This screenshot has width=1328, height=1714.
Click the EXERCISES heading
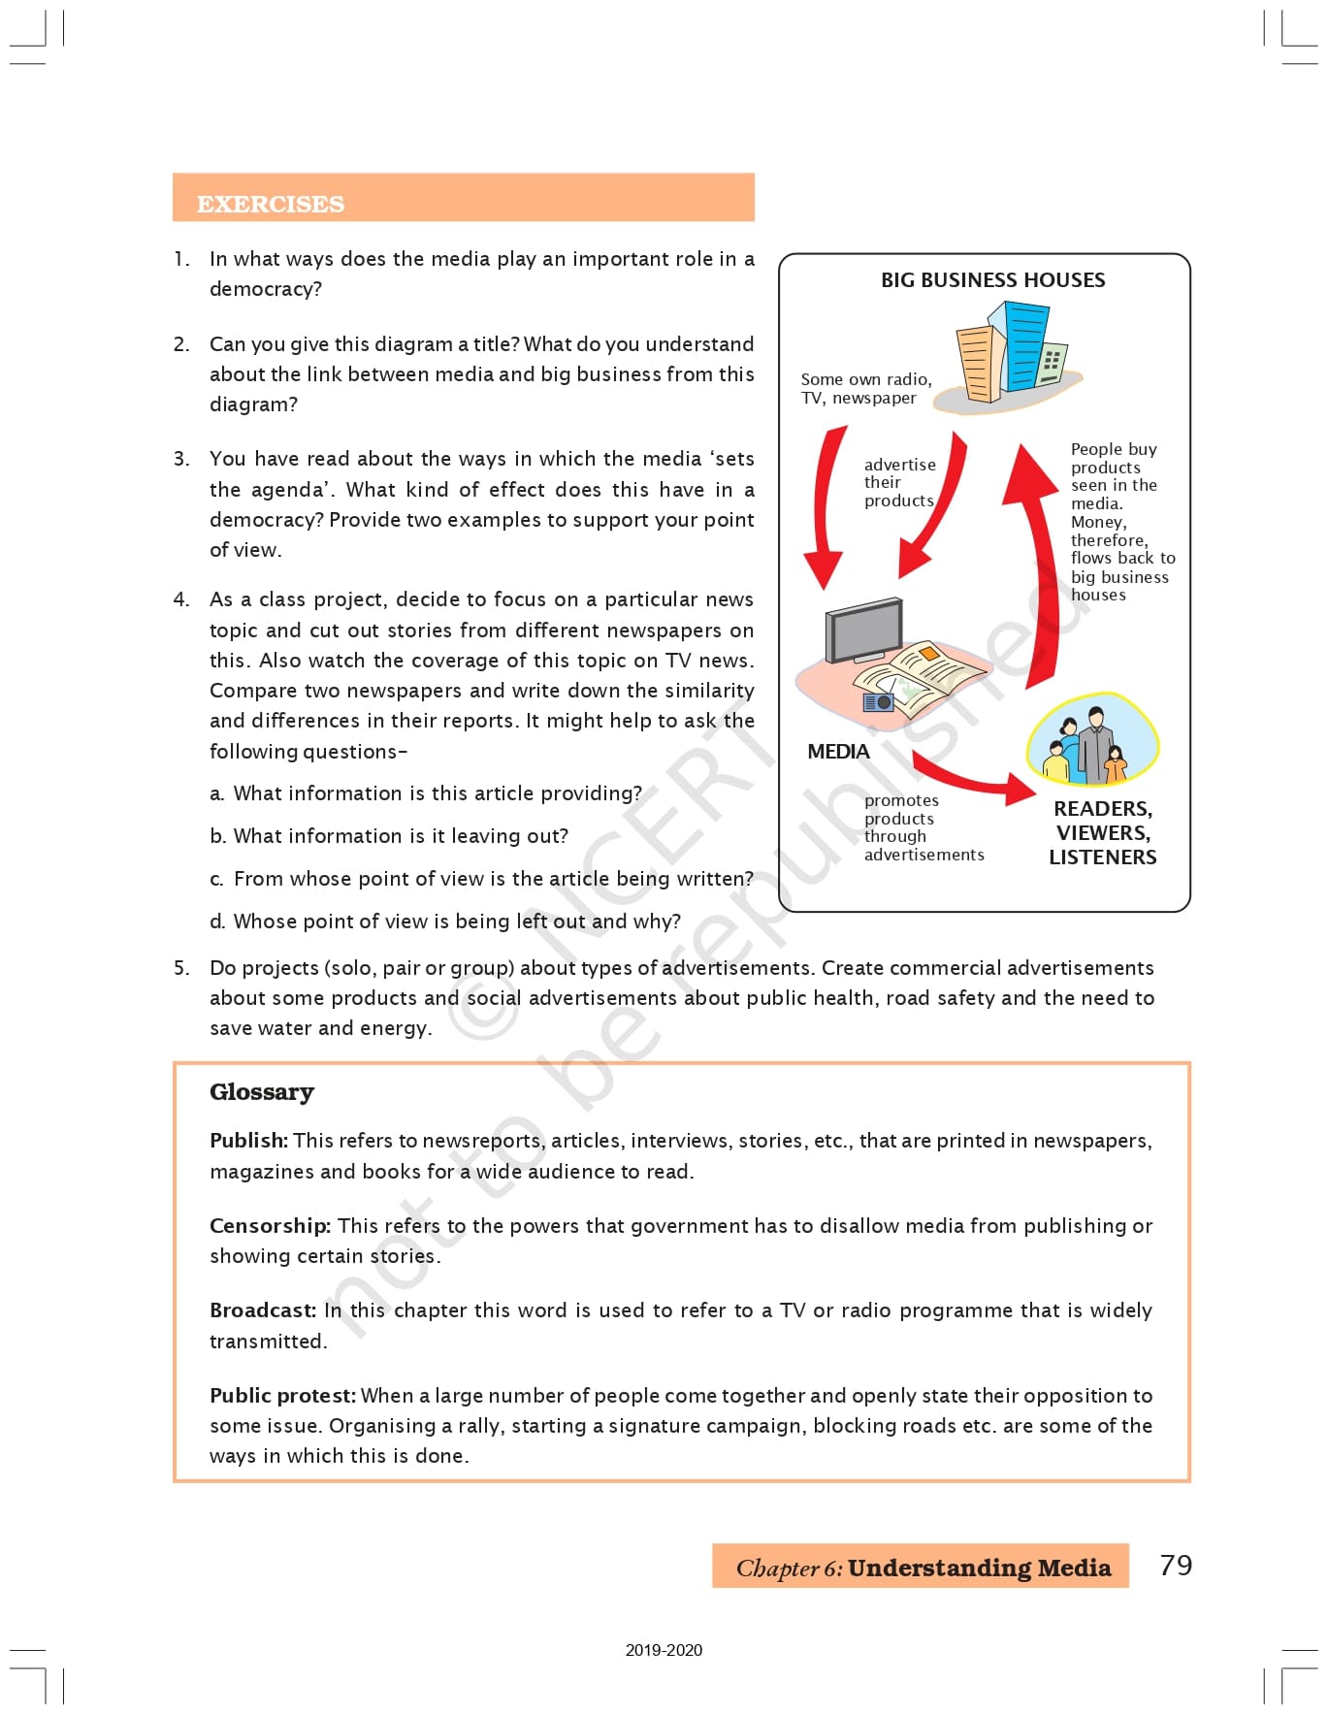click(270, 204)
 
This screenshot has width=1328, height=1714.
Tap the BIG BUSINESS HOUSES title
click(992, 280)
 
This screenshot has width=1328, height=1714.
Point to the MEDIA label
click(838, 752)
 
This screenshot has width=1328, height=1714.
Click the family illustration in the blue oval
click(1092, 740)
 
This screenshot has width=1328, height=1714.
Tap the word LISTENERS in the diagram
click(1102, 857)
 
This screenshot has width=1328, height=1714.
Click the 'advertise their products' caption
click(899, 483)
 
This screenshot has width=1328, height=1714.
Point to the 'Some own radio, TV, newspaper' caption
click(865, 389)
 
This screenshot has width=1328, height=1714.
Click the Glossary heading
click(262, 1092)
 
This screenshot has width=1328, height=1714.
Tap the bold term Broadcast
click(262, 1310)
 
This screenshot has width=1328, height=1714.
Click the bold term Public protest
click(282, 1396)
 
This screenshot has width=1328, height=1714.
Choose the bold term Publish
click(248, 1141)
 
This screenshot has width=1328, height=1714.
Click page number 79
click(1175, 1565)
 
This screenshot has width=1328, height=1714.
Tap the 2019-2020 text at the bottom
click(664, 1650)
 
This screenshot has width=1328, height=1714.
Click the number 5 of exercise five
click(181, 968)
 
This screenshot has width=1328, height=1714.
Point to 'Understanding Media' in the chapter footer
click(979, 1568)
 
